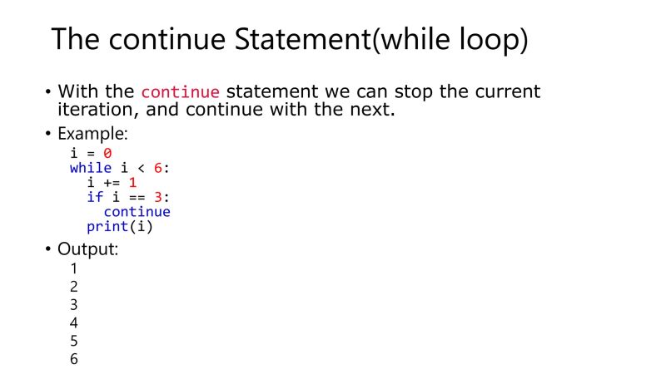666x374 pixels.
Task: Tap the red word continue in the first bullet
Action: coord(181,92)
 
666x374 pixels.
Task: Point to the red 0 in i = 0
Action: coord(107,153)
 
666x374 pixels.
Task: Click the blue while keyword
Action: coord(90,168)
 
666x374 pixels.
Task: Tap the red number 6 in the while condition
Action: coord(158,168)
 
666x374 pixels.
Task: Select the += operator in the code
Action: coord(112,182)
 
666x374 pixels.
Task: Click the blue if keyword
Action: coord(95,197)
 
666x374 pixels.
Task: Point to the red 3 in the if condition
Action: coord(158,197)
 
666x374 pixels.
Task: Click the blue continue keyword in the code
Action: coord(137,211)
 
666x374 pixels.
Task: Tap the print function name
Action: coord(107,226)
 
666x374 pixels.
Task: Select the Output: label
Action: coord(87,249)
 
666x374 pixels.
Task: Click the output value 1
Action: coord(74,268)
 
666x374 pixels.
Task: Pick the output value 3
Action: coord(74,305)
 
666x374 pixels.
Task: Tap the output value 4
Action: coord(74,322)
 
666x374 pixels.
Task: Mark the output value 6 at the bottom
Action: coord(74,359)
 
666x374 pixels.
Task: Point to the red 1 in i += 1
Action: coord(132,182)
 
